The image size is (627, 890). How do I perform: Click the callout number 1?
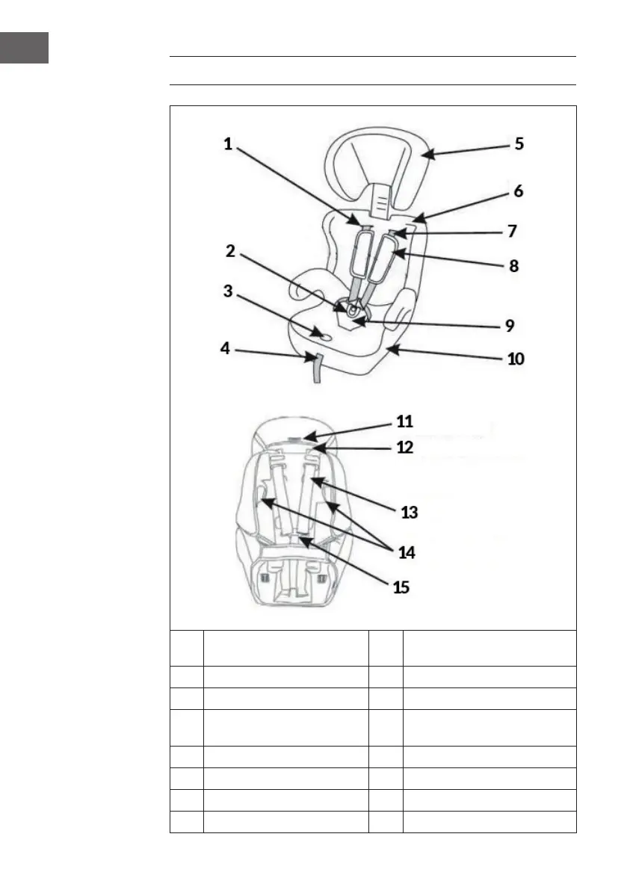pyautogui.click(x=229, y=144)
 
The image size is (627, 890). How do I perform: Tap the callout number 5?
pyautogui.click(x=518, y=143)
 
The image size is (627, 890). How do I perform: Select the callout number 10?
pyautogui.click(x=516, y=359)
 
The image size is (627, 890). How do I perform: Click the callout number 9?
pyautogui.click(x=510, y=326)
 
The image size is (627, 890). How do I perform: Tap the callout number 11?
pyautogui.click(x=404, y=421)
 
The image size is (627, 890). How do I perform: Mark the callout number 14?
pyautogui.click(x=407, y=553)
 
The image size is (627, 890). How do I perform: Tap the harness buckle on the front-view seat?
pyautogui.click(x=353, y=307)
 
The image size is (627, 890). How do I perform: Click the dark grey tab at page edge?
pyautogui.click(x=24, y=48)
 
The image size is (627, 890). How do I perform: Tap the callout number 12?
pyautogui.click(x=404, y=448)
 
